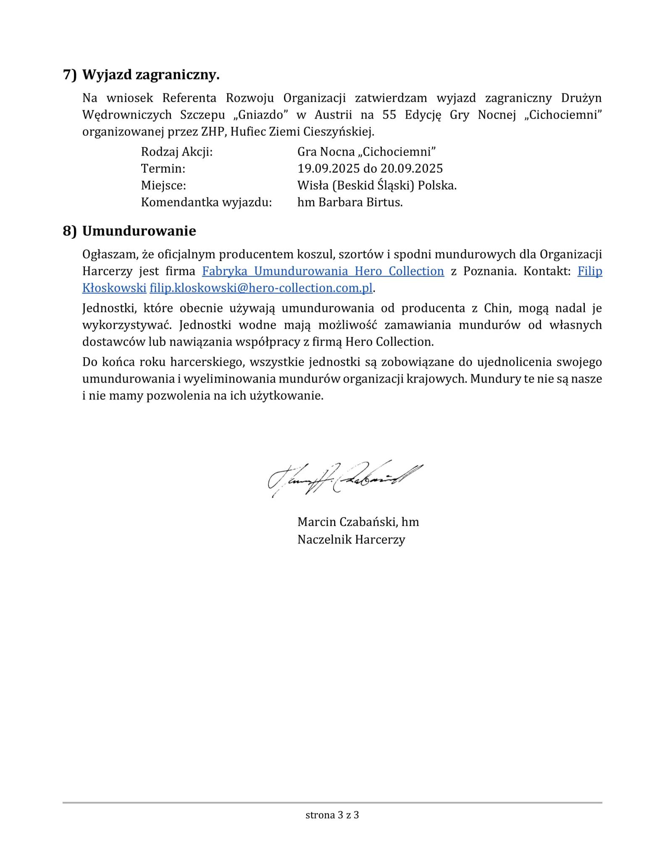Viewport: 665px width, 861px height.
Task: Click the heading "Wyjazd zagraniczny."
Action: click(x=151, y=75)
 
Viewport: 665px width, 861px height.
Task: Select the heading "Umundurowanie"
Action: click(x=139, y=231)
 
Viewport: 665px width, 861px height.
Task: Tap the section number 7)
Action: click(x=70, y=75)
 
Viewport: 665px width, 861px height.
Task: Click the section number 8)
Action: click(x=70, y=231)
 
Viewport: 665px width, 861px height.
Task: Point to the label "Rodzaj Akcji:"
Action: click(x=177, y=152)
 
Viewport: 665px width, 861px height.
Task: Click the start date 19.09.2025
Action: click(x=329, y=169)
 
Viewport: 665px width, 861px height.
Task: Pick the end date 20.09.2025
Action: click(x=412, y=169)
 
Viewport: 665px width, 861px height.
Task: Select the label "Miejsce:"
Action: click(x=163, y=185)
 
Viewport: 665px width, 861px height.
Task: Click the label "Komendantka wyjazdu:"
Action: click(x=206, y=202)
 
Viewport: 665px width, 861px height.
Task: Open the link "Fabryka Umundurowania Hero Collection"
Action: click(x=323, y=271)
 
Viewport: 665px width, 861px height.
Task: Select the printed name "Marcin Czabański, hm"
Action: click(x=358, y=522)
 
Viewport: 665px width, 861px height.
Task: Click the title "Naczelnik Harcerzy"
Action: click(x=351, y=539)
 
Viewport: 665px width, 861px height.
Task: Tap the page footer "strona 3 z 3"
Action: click(x=332, y=815)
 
